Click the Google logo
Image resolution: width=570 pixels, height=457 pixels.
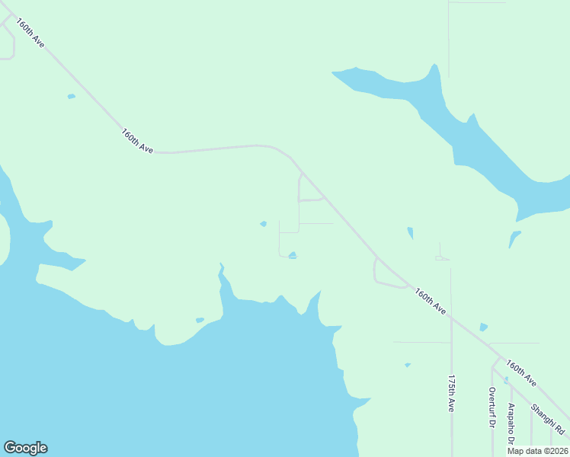click(x=25, y=448)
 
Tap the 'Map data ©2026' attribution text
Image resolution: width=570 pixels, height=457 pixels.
click(x=537, y=451)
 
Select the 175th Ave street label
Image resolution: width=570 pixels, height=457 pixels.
click(x=451, y=393)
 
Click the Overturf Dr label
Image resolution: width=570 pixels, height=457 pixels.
click(x=492, y=407)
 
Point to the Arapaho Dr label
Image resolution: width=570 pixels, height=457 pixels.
click(x=511, y=423)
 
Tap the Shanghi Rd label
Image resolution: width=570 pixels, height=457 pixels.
click(x=549, y=418)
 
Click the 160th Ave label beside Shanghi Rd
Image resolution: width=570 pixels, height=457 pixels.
click(x=521, y=373)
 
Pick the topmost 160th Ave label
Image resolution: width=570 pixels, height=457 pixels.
click(x=31, y=34)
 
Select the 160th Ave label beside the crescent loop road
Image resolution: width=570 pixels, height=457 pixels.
click(x=431, y=300)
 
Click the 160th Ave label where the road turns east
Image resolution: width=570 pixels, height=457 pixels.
click(x=137, y=141)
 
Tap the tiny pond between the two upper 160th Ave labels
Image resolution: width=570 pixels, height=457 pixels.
click(x=72, y=97)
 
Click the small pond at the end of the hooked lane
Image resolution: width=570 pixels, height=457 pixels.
click(x=293, y=255)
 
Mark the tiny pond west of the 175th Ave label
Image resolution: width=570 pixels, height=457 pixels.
click(x=408, y=365)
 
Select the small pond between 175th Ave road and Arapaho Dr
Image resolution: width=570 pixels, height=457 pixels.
click(x=484, y=328)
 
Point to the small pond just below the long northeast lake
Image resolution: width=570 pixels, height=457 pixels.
click(x=514, y=238)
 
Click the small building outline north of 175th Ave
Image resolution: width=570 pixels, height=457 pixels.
click(x=442, y=258)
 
